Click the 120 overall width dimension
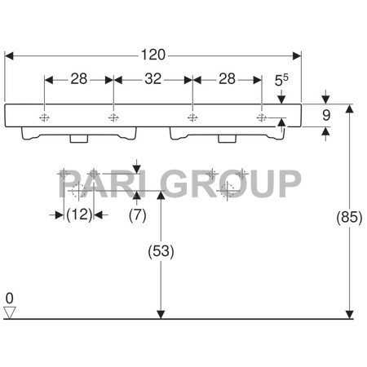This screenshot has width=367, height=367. pos(153,55)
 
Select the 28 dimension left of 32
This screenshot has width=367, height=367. pos(78,78)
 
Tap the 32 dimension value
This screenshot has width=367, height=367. pos(153,78)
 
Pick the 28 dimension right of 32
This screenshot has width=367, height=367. pos(227,78)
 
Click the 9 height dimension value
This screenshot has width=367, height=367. pos(325,116)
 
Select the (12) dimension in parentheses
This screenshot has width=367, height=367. pos(78,214)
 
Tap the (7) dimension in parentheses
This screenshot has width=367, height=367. pos(137,214)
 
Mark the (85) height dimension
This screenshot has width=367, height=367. pos(348,217)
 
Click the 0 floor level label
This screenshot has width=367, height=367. pos(10,297)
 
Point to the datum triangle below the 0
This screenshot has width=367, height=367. pos(10,312)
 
